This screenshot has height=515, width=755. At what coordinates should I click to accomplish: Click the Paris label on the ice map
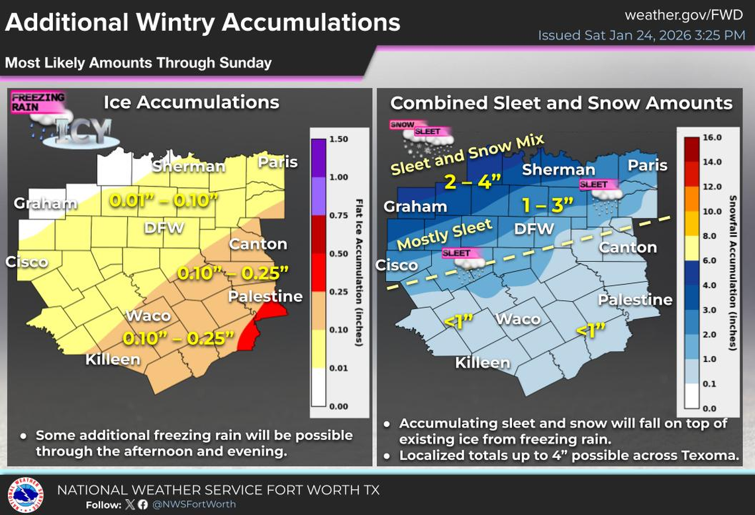click(277, 162)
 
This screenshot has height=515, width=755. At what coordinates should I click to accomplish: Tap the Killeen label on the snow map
click(482, 363)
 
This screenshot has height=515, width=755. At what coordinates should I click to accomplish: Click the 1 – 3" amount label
click(547, 205)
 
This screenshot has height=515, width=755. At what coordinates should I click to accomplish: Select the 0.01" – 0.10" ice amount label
click(163, 200)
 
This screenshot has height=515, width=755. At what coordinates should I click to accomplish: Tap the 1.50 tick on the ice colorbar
click(339, 140)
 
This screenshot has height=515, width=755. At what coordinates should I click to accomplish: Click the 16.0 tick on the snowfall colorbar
click(711, 138)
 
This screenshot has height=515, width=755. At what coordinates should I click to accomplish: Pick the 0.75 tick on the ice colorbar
click(339, 215)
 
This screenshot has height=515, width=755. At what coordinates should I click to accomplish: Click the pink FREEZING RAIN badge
click(38, 102)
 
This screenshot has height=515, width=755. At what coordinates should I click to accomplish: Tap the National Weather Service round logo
click(26, 495)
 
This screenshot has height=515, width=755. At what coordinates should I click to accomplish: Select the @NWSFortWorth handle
click(194, 504)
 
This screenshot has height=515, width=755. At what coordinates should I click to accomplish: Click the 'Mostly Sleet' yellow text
click(445, 234)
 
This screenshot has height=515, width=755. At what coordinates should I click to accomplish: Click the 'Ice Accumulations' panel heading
click(191, 102)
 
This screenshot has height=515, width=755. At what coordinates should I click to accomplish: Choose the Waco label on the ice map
click(148, 315)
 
